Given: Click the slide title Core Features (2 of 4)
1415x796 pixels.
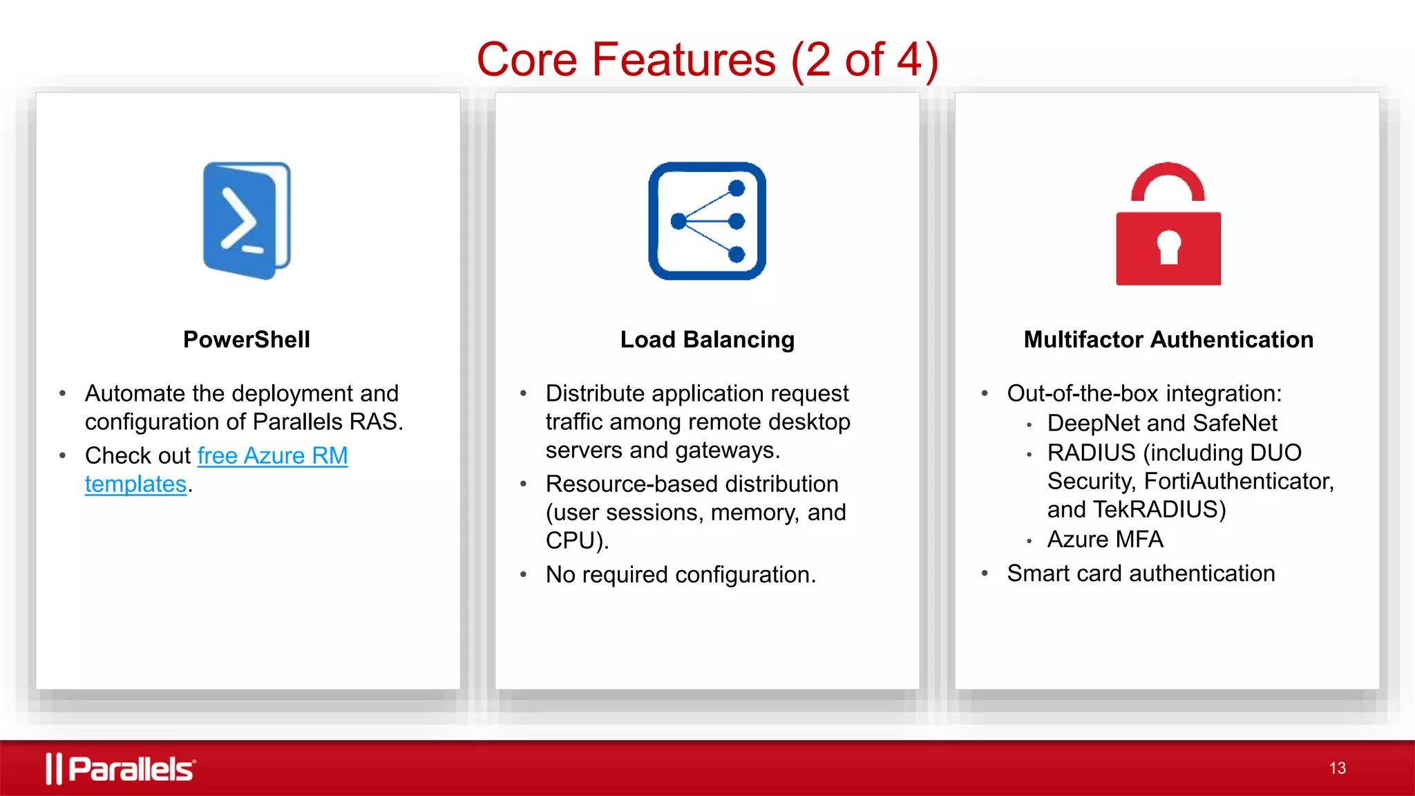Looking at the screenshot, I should click(x=707, y=59).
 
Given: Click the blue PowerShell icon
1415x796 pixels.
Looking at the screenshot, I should click(x=247, y=220).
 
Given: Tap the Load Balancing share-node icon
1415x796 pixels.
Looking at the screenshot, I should click(x=707, y=221).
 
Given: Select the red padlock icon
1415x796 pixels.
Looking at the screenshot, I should click(x=1168, y=225).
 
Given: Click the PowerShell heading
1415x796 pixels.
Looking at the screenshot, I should click(x=247, y=340).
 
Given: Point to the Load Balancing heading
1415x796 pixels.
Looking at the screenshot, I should click(x=707, y=340).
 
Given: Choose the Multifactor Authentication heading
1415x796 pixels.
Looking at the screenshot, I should click(x=1168, y=340).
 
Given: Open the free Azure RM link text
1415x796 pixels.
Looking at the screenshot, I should click(x=272, y=456).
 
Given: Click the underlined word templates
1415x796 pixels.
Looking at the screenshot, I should click(x=135, y=484).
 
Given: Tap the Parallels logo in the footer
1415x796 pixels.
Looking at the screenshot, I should click(x=121, y=768).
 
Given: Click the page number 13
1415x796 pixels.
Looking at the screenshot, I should click(x=1337, y=768).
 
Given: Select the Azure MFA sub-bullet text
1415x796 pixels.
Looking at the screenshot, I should click(x=1105, y=540).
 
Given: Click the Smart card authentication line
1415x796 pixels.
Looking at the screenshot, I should click(x=1141, y=574).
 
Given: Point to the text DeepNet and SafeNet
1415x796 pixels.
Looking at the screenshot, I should click(x=1162, y=423).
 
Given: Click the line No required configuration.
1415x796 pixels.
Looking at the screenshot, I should click(x=681, y=575).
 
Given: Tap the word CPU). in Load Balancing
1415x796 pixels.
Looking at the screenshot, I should click(x=577, y=541).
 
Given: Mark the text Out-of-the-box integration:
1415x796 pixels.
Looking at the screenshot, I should click(x=1144, y=394).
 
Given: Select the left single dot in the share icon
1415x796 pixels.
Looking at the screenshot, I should click(x=678, y=221).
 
